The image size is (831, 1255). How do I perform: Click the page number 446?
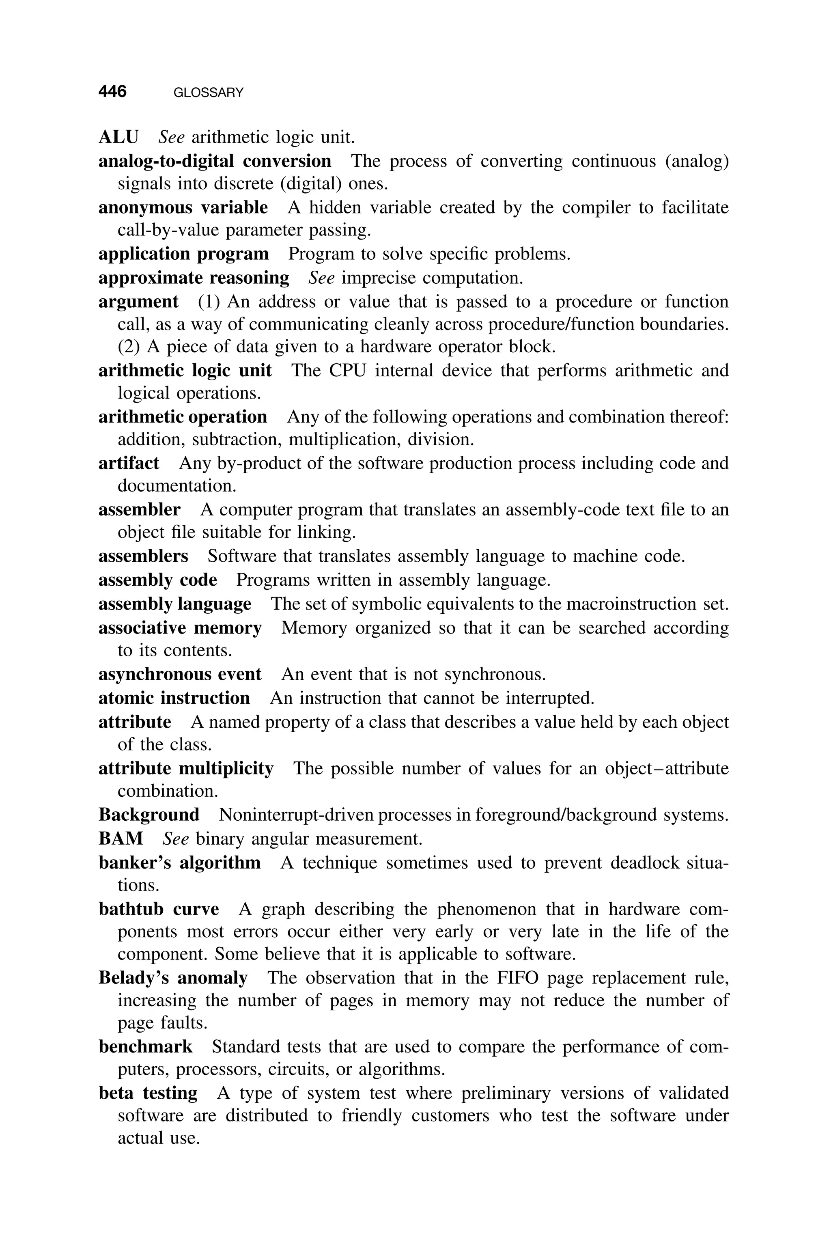(x=112, y=92)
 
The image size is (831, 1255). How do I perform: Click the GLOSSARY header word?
(x=208, y=93)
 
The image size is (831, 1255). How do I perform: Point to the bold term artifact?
(x=129, y=463)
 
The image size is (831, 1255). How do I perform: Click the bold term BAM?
(x=121, y=839)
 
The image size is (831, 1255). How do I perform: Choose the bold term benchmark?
(x=146, y=1047)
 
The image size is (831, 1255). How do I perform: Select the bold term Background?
(x=149, y=815)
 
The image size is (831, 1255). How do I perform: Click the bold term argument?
(x=138, y=302)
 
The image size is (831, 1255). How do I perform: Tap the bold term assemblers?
(x=143, y=556)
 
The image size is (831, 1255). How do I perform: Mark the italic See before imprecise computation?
(x=321, y=278)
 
